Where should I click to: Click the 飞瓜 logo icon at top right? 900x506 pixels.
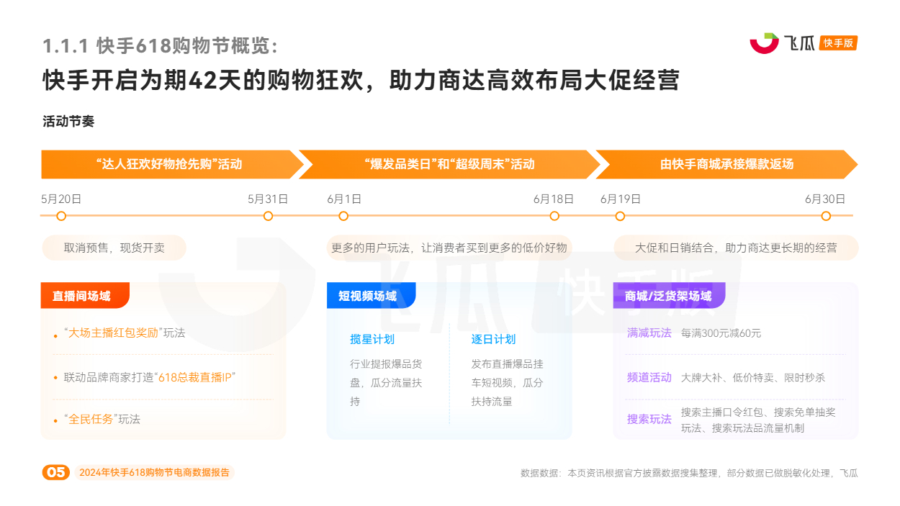pos(764,43)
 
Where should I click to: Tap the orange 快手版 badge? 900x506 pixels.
pos(838,43)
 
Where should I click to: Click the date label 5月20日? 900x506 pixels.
pos(61,199)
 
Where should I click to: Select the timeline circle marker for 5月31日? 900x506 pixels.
pos(268,217)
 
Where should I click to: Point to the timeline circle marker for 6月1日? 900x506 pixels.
pos(343,217)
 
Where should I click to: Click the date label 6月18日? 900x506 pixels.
pos(553,199)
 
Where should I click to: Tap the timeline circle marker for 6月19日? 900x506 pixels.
pos(620,217)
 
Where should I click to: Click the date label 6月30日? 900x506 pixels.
pos(825,199)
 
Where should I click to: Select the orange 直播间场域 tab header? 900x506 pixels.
pos(85,296)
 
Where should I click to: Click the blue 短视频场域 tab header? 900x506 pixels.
pos(372,296)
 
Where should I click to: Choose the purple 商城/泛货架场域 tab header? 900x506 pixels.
pos(669,296)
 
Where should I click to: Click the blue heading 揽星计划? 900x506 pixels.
pos(372,339)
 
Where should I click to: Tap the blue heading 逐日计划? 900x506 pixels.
pos(493,339)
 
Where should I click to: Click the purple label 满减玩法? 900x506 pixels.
pos(649,333)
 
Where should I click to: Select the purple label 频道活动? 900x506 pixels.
pos(649,377)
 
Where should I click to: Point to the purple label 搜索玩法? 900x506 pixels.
pos(649,419)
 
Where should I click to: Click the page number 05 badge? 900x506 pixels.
pos(56,472)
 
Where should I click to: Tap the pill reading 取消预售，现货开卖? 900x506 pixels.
pos(114,248)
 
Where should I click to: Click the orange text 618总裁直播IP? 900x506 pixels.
pos(195,377)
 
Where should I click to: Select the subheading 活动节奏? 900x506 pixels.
pos(68,121)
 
